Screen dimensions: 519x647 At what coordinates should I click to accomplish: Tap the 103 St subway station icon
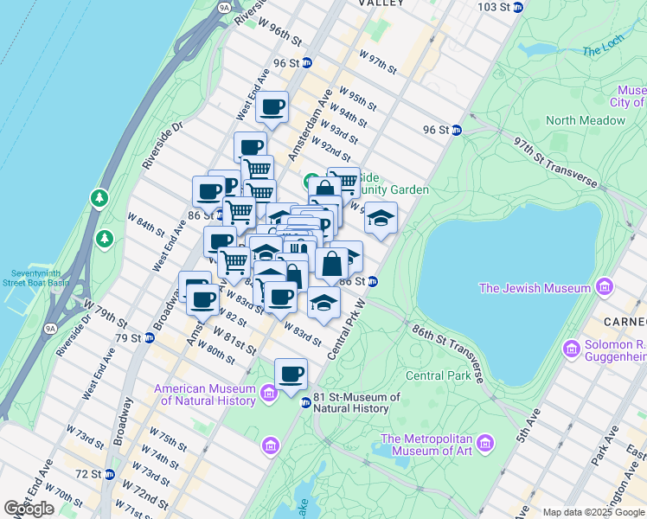[518, 7]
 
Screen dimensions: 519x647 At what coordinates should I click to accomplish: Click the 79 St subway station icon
[149, 337]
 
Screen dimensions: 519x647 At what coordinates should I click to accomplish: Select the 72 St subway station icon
[109, 474]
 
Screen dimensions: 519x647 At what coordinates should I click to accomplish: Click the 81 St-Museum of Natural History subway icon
[304, 402]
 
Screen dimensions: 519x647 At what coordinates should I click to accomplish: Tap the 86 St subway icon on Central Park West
[372, 281]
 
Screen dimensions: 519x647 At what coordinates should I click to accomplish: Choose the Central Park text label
[438, 375]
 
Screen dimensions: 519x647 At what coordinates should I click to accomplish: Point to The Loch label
[603, 51]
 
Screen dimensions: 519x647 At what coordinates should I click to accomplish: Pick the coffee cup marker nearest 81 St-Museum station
[291, 374]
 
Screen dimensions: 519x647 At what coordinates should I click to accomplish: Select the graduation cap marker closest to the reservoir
[380, 218]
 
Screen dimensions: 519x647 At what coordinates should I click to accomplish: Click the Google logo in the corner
[29, 509]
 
